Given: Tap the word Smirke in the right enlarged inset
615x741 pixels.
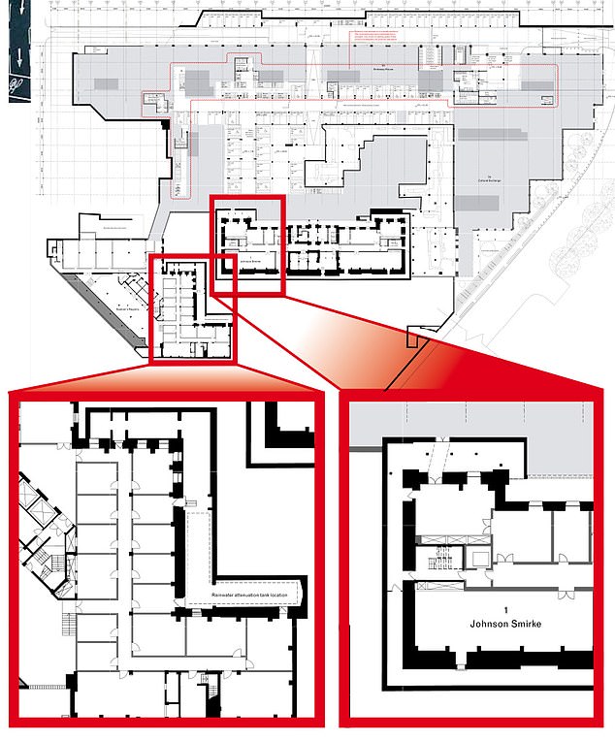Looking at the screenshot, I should point(509,626).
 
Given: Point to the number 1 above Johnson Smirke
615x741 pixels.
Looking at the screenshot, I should point(479,607).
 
